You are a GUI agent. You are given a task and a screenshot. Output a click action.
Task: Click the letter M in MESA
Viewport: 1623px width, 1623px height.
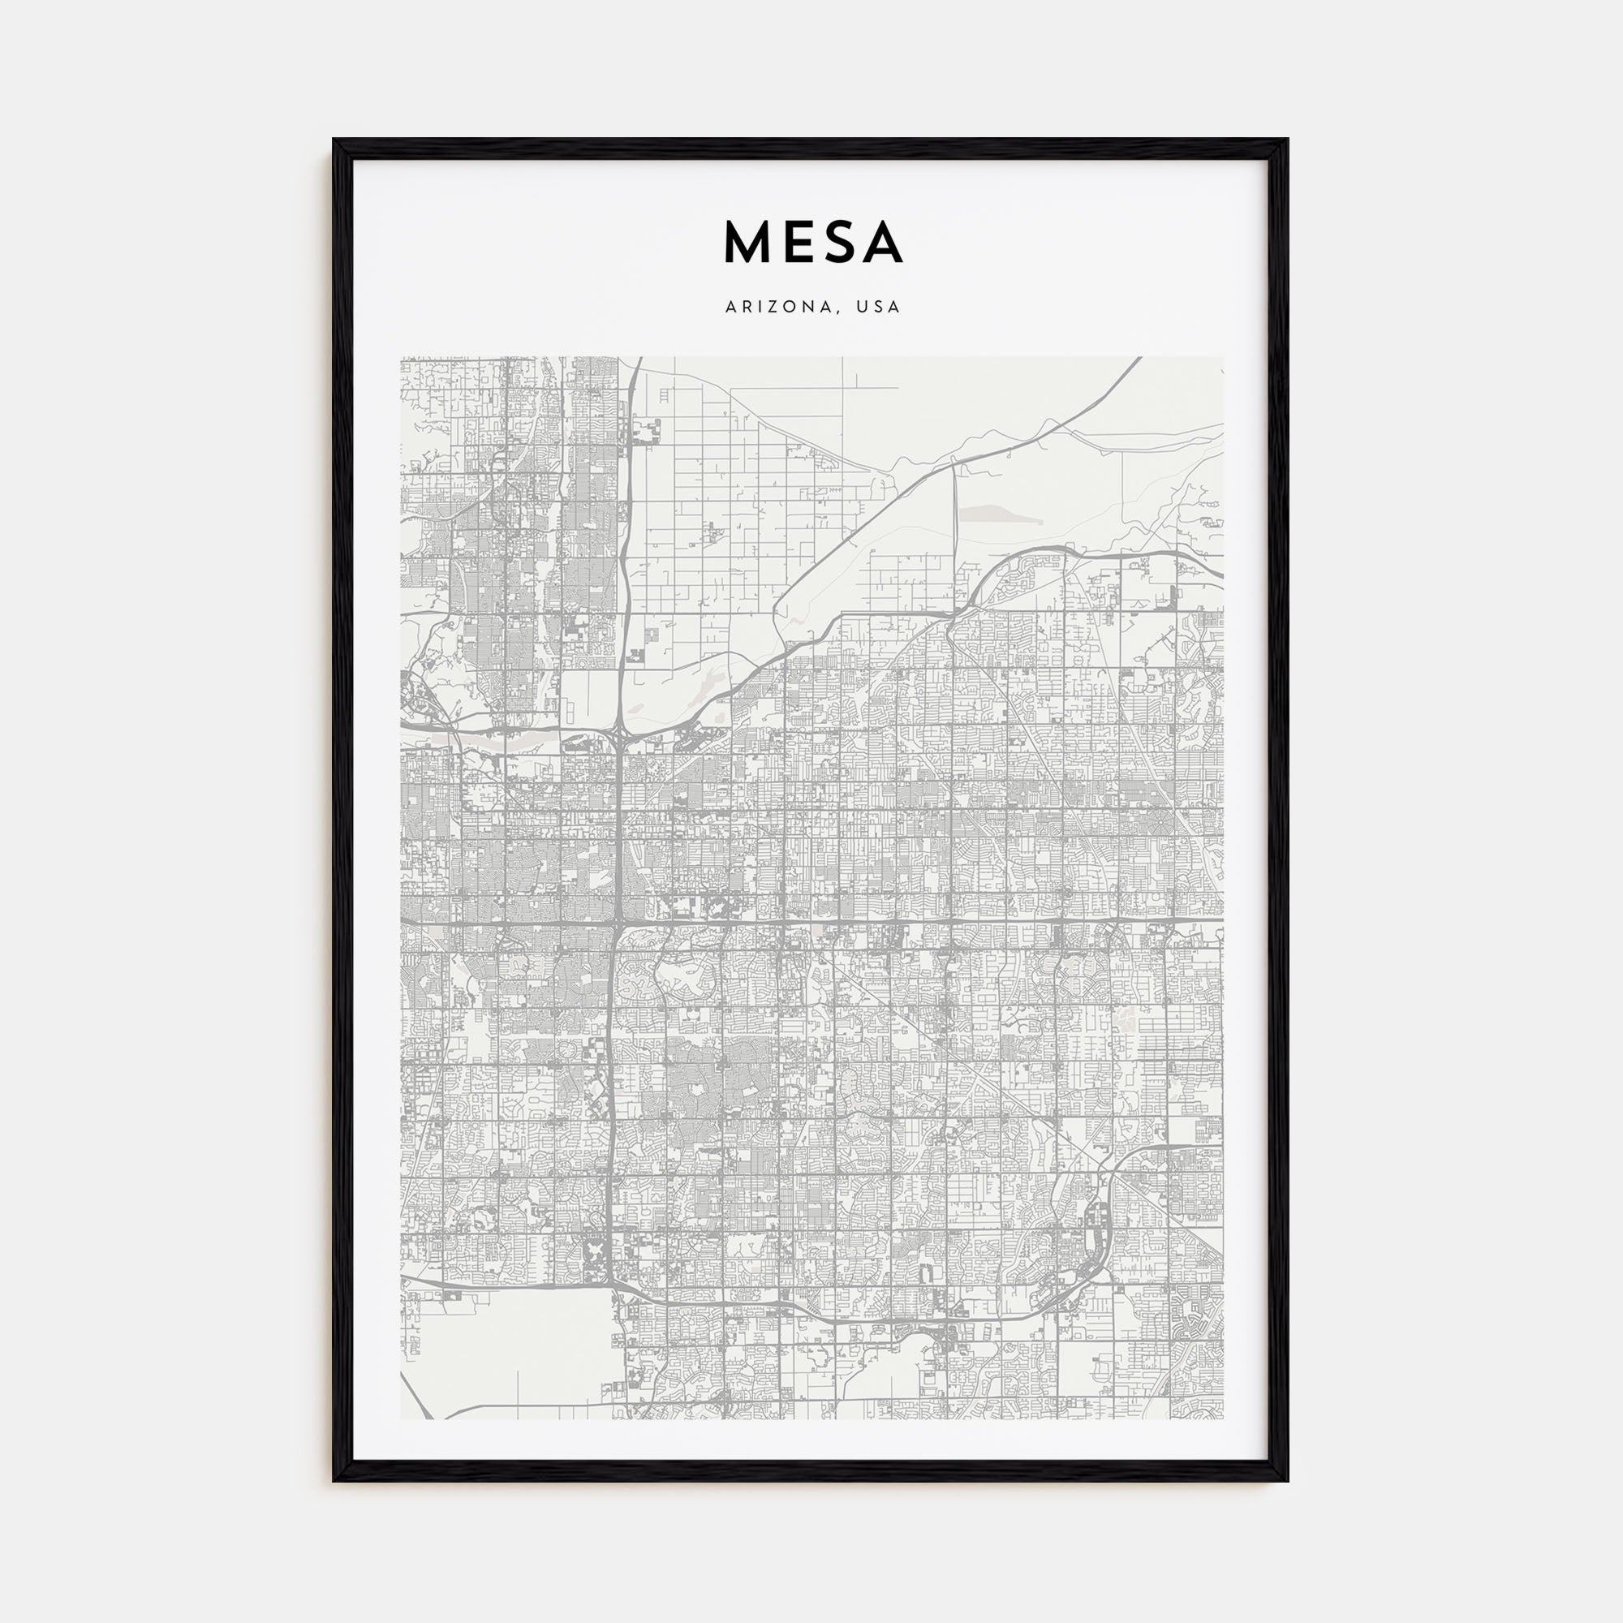pyautogui.click(x=750, y=243)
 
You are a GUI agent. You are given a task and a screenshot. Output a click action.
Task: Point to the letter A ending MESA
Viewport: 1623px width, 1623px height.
pyautogui.click(x=881, y=243)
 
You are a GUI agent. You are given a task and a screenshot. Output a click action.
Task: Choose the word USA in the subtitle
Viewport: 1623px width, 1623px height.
pyautogui.click(x=879, y=308)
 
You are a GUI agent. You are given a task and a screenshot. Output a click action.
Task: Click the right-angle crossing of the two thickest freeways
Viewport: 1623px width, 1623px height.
pyautogui.click(x=618, y=925)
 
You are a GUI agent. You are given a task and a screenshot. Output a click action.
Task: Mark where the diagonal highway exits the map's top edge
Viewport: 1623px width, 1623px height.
pyautogui.click(x=1139, y=359)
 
